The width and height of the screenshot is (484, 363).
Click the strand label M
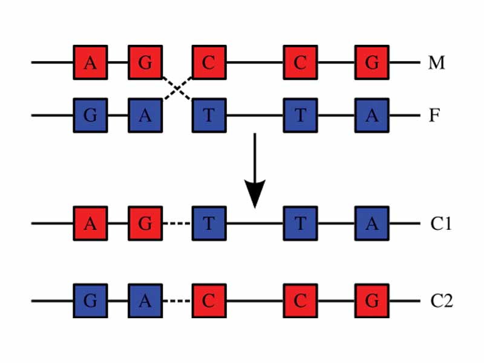(436, 62)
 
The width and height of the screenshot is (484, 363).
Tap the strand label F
(434, 115)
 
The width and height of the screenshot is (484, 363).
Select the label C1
(441, 223)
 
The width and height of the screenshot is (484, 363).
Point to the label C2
(441, 301)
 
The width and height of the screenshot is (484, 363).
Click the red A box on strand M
(90, 62)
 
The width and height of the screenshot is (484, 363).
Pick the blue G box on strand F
(90, 115)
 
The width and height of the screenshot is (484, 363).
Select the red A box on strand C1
(90, 223)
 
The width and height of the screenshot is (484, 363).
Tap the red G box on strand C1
(145, 223)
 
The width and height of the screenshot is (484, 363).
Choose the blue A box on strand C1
(371, 223)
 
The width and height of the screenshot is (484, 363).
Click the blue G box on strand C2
(90, 301)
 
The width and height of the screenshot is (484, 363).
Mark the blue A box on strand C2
(145, 301)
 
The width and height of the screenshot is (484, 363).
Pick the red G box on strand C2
(371, 301)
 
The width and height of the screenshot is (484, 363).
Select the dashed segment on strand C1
(177, 223)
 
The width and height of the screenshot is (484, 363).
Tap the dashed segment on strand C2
(177, 301)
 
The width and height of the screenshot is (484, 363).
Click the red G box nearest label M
(371, 62)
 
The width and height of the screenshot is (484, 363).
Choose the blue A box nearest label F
(371, 115)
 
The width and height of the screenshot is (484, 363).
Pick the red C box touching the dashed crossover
(209, 62)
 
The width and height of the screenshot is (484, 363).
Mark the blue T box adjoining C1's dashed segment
(209, 223)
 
